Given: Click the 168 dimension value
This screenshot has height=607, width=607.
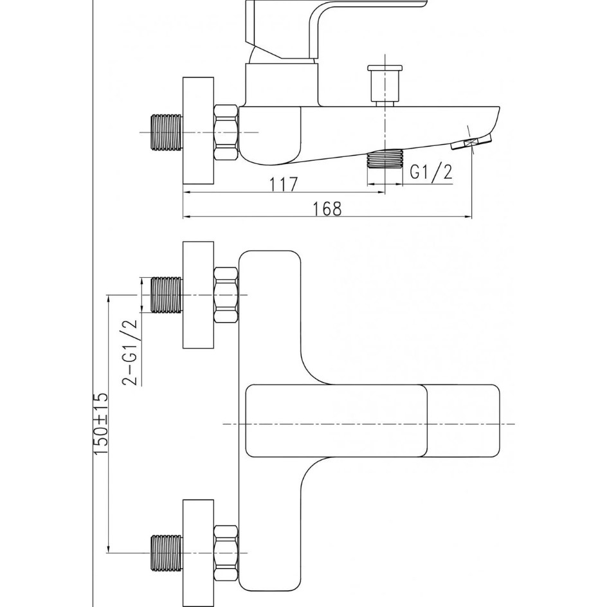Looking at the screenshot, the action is point(327,209).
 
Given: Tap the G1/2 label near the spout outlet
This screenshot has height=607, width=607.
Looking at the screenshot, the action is point(431,171).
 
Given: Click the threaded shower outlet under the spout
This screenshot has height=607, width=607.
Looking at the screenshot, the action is point(385,159).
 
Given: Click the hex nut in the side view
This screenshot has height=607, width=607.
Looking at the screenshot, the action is point(226,132).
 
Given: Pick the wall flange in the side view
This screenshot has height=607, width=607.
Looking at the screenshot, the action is point(198,131).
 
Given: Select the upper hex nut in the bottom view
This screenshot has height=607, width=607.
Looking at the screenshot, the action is point(226,295).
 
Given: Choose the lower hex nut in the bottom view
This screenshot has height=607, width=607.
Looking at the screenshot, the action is point(226,552).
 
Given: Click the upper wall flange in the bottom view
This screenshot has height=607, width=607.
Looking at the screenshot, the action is point(198,295).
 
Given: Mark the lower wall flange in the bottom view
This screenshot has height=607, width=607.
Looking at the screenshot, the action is point(198,553).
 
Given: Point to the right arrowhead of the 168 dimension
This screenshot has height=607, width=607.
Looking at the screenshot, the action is point(467,217).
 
